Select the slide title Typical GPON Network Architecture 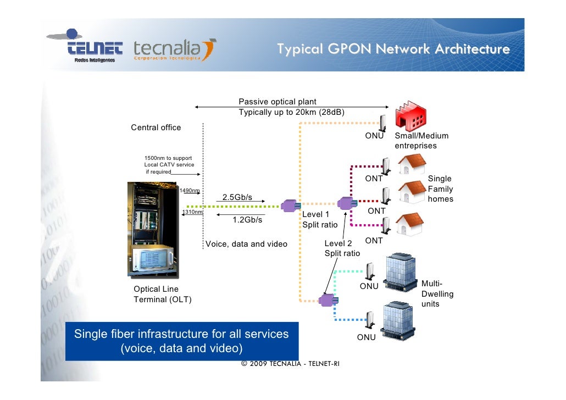click(393, 49)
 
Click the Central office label click(156, 127)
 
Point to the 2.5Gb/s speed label click(237, 197)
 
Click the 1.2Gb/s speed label click(247, 220)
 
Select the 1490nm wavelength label click(190, 191)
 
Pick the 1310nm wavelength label click(193, 212)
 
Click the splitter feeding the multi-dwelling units click(328, 299)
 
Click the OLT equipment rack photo click(153, 227)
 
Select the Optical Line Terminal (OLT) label click(163, 294)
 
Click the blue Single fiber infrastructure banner click(181, 341)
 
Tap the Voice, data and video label click(246, 244)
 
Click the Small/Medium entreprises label click(421, 141)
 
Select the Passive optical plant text click(277, 102)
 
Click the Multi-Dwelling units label click(437, 293)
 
